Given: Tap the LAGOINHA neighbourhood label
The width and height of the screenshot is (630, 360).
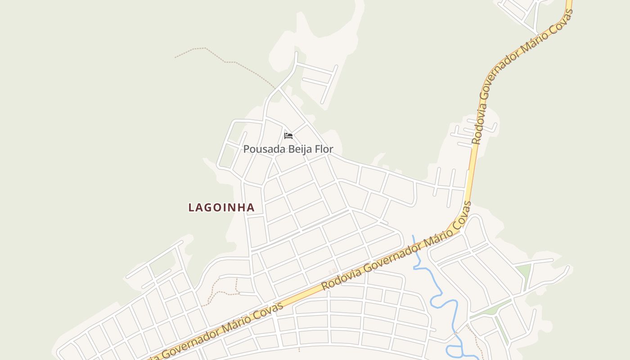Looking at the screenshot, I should pyautogui.click(x=221, y=207).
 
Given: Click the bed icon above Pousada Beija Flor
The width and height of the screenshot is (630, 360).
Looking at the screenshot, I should pyautogui.click(x=288, y=135).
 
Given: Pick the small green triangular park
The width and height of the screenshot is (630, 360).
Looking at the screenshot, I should pyautogui.click(x=523, y=271).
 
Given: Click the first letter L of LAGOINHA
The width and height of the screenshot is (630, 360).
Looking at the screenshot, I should pyautogui.click(x=191, y=207).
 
